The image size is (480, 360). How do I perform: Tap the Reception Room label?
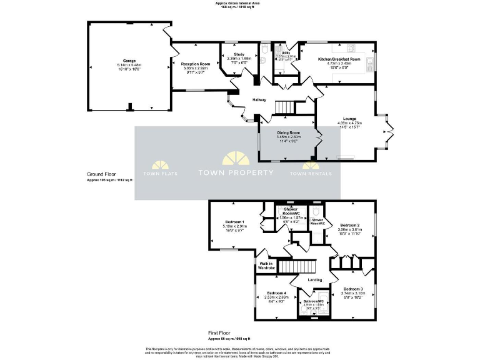[196, 64]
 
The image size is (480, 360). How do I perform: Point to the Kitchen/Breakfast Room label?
[335, 59]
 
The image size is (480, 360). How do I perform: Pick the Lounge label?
[349, 119]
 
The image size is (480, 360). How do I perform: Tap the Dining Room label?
[289, 132]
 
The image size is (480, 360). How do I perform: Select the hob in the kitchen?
[351, 47]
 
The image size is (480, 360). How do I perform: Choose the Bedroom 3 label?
[352, 289]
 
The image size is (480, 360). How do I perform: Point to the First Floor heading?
[222, 334]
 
